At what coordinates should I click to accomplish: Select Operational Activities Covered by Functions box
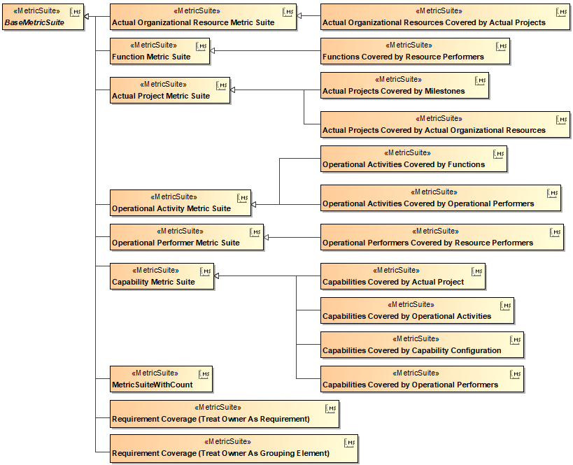(x=413, y=159)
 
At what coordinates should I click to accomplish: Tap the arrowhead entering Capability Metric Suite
(x=218, y=276)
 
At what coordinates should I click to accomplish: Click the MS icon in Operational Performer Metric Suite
(x=255, y=231)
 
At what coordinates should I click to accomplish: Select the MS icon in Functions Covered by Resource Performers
(x=501, y=46)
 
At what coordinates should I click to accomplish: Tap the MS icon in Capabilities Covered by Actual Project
(x=476, y=271)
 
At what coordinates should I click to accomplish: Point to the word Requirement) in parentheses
(x=284, y=420)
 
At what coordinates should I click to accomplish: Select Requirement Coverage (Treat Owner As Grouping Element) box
(x=234, y=448)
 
